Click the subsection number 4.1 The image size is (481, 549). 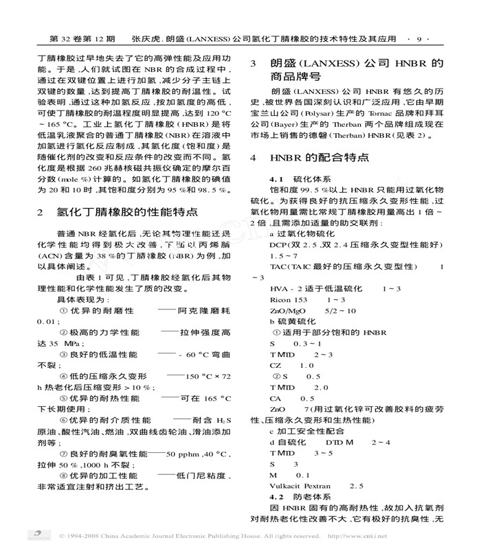coord(279,178)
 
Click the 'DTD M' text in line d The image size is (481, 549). coord(339,443)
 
